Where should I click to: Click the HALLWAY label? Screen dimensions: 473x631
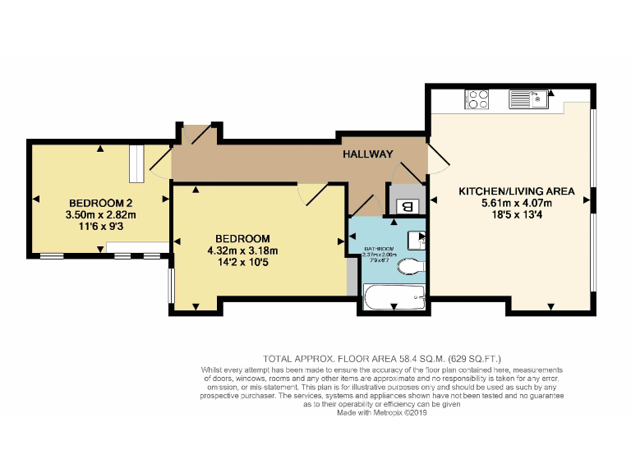[367, 154]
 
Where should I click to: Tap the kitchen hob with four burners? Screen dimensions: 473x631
[477, 99]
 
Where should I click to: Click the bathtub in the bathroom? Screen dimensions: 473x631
[394, 297]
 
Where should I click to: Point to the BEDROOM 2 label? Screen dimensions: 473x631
[101, 203]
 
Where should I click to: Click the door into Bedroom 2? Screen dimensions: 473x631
[160, 162]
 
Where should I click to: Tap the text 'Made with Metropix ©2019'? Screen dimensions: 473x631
[382, 412]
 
